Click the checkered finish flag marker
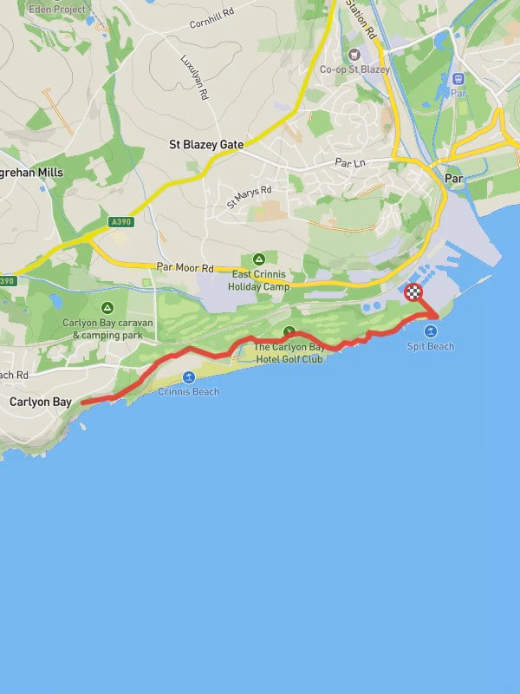[414, 292]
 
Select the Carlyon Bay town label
[40, 403]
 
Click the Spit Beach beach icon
[431, 332]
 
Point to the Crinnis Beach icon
[188, 377]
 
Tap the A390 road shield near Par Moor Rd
[121, 222]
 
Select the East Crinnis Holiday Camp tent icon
[257, 259]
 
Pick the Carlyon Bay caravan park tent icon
[107, 308]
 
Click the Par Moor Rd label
[185, 268]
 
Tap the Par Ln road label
[352, 162]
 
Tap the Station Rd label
[362, 19]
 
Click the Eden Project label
[57, 10]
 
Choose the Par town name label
[453, 178]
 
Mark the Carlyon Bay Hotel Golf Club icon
[289, 331]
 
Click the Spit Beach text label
[431, 346]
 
